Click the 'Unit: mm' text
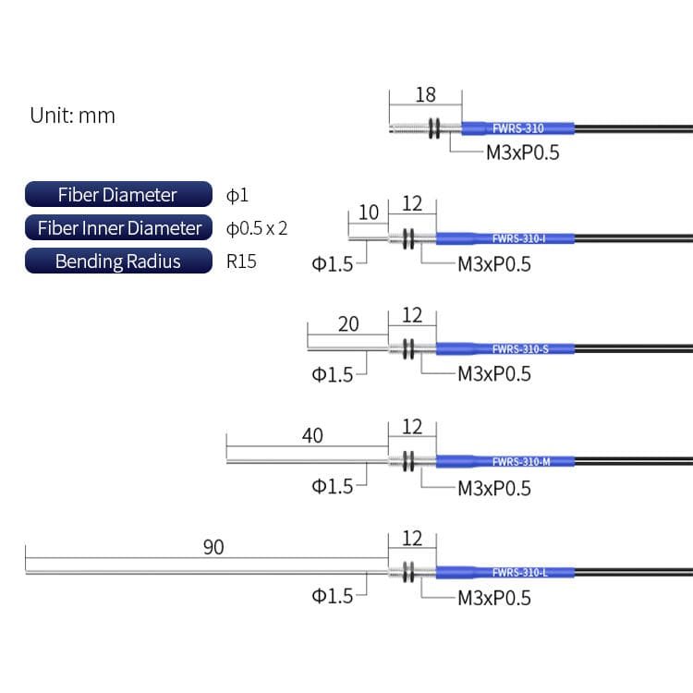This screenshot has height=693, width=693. pos(72,115)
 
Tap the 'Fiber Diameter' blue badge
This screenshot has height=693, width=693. pos(117,195)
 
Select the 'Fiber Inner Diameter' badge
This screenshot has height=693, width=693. pos(117,228)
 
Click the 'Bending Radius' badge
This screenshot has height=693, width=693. pos(117,261)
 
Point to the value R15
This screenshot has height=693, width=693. pos(242,261)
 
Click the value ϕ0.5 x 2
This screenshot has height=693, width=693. pos(257,228)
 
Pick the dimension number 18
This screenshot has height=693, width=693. pos(425,95)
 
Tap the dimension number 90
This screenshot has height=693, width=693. pos(213,547)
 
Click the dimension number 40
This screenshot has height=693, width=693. pos(312,435)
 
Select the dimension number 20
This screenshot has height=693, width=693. pos(348,323)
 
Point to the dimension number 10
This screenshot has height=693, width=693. pos(368,213)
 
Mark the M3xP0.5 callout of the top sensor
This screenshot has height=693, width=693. pos(523,152)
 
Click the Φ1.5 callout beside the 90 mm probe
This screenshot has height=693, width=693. pos(333,596)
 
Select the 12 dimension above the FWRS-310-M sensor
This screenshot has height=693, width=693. pos(412,427)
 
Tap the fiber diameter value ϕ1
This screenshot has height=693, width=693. pos(237,195)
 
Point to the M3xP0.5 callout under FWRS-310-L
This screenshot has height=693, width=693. pos(494,598)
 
